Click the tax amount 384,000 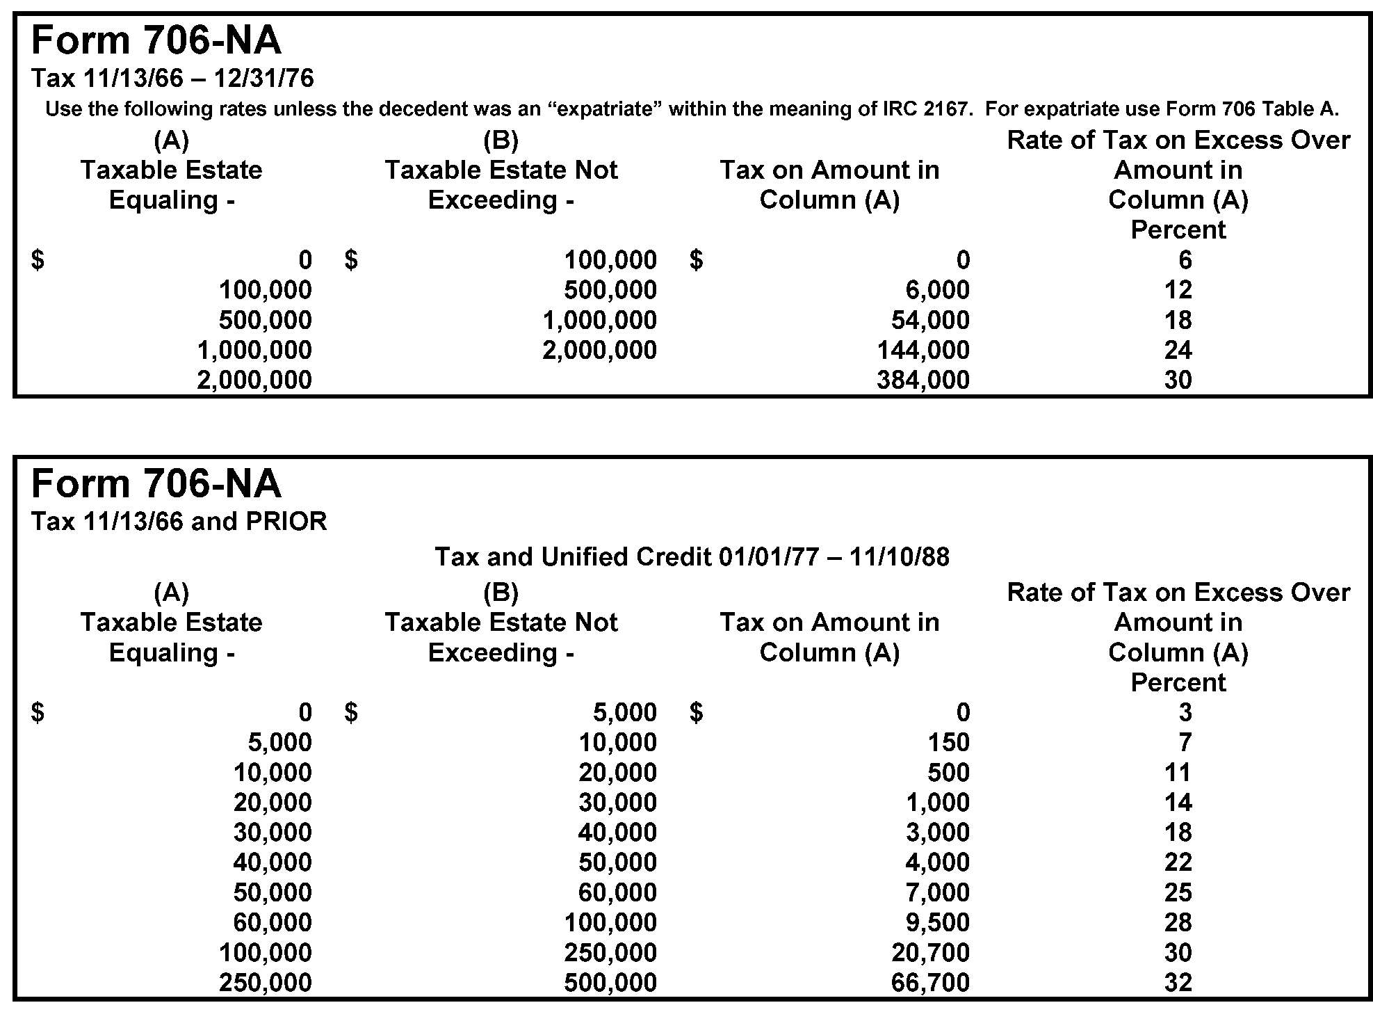(x=923, y=380)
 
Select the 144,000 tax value (x=923, y=350)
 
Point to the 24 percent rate (x=1178, y=350)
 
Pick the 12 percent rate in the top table (x=1178, y=290)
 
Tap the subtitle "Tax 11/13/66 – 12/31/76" (x=172, y=78)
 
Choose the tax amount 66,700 (x=929, y=982)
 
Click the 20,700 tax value (x=929, y=952)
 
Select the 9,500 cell (x=937, y=922)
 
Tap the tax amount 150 (x=948, y=742)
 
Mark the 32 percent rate (x=1178, y=982)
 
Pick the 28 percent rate (x=1178, y=922)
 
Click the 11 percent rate (x=1178, y=772)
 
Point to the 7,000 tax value (x=937, y=892)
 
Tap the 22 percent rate (x=1178, y=862)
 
